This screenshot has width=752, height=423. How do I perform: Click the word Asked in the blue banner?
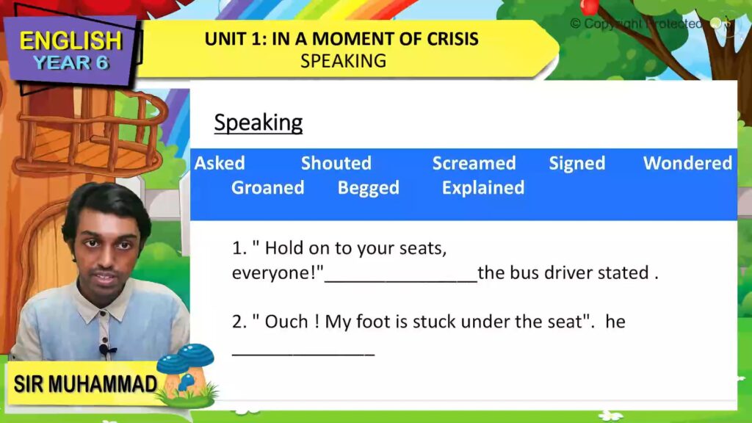[220, 163]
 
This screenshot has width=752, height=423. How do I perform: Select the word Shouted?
[336, 163]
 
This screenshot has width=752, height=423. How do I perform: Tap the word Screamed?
[474, 163]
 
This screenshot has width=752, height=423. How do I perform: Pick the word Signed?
[577, 164]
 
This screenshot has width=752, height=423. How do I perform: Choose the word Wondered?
[687, 163]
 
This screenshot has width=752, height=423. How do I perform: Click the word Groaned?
[267, 187]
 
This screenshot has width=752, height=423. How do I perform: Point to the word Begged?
[369, 188]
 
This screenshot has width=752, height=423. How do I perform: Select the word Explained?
[483, 188]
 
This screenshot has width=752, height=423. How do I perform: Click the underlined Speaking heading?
[258, 123]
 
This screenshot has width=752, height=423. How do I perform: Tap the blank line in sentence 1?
[401, 281]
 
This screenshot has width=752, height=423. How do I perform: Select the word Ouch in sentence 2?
[286, 322]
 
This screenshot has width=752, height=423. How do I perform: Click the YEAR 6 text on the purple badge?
[71, 63]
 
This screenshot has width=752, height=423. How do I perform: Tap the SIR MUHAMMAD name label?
[85, 384]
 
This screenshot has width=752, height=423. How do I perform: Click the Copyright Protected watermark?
[636, 23]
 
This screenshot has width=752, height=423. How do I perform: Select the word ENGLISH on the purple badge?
[71, 41]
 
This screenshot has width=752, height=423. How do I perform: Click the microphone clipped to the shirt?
[105, 350]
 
